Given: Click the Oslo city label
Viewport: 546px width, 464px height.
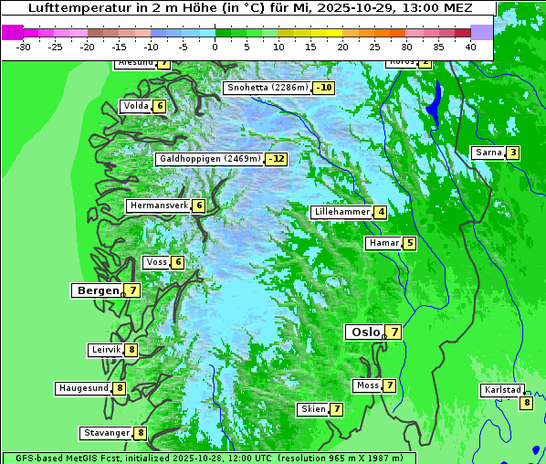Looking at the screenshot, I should coord(364,332).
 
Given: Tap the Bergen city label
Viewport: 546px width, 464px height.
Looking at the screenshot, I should coord(96,290).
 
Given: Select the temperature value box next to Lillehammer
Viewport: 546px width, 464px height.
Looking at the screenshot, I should coord(381,212).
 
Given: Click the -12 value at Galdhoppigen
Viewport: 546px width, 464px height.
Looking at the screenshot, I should coord(276,159).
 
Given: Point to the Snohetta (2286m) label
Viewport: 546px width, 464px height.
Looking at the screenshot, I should coord(267,88).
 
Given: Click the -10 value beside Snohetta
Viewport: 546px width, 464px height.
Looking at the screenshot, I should coord(323,88).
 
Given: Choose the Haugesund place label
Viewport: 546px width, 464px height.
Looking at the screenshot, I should coord(83,388).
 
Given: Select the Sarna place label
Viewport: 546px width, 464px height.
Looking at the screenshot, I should coord(488,153).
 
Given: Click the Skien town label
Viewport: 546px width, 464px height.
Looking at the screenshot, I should coord(313,409).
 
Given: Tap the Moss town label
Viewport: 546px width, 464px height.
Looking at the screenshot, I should coord(367,385).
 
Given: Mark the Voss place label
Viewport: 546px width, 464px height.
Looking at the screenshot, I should coord(156,262).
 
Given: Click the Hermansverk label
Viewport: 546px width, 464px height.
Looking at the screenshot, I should coord(158,206).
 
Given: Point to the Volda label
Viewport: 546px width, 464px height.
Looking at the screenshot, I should coord(135,106).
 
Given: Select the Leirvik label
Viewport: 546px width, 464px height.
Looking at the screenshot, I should coord(106,350).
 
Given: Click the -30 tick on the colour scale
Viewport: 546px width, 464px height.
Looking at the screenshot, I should coord(24,46).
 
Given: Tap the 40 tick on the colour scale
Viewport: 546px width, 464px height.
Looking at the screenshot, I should coord(470,46).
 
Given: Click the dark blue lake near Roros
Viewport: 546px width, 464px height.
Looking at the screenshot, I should coord(435,102).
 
